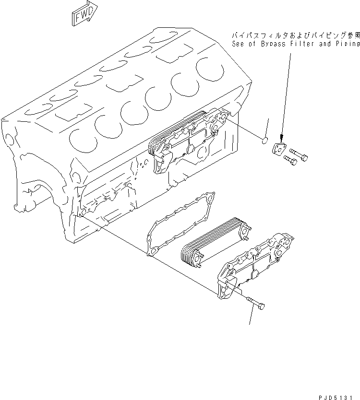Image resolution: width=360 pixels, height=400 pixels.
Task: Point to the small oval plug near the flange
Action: pos(264,140)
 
